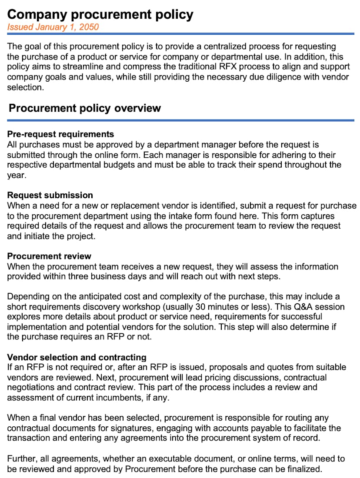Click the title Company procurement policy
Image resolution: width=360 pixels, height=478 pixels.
[x=100, y=14]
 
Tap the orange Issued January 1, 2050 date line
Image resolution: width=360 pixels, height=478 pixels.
[x=53, y=27]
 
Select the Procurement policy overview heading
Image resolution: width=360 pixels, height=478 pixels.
[x=85, y=108]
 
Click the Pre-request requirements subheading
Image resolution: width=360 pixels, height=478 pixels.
[x=60, y=134]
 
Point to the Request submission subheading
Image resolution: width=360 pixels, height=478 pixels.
[x=50, y=195]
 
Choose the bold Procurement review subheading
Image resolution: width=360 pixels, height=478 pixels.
[x=49, y=256]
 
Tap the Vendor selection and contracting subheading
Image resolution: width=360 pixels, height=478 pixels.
[x=77, y=357]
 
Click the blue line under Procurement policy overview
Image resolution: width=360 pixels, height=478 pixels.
[x=180, y=120]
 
